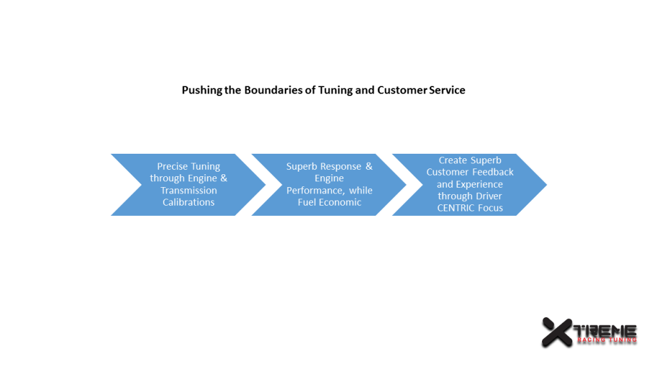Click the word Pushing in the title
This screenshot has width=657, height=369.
pos(201,90)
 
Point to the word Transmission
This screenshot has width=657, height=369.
pos(189,190)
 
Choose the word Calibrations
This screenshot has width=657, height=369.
pos(189,202)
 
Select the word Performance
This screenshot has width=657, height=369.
pos(314,191)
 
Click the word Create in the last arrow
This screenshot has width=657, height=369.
pos(453,160)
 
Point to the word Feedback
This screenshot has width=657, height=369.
pos(493,172)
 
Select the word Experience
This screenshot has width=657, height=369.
pos(479,184)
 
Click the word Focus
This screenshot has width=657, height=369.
pos(490,208)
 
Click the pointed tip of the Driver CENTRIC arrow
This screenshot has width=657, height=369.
pos(545,184)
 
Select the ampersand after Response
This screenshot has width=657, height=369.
pos(369,167)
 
